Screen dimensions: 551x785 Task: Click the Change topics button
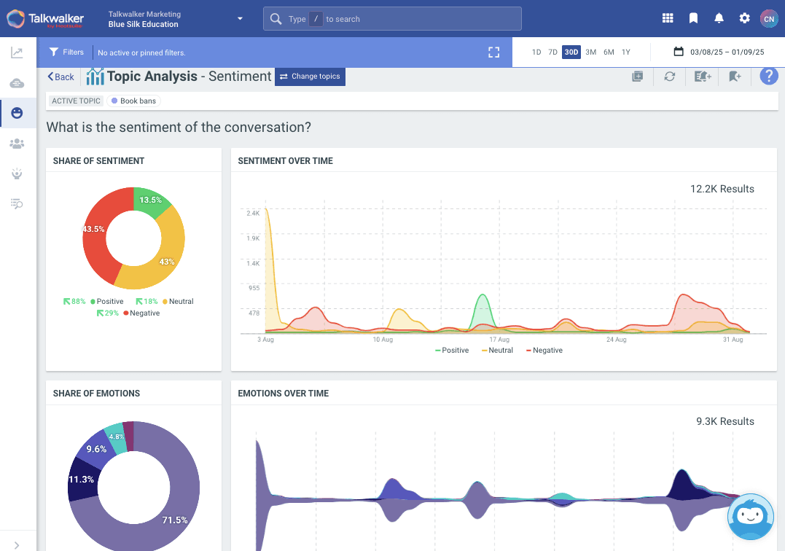pyautogui.click(x=310, y=77)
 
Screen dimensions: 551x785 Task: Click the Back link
pyautogui.click(x=61, y=77)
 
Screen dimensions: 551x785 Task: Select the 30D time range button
pyautogui.click(x=571, y=52)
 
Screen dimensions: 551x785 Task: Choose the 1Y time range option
pyautogui.click(x=626, y=52)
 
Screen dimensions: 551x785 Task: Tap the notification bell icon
pyautogui.click(x=719, y=18)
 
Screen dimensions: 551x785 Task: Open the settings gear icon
pyautogui.click(x=744, y=18)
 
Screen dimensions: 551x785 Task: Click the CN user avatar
pyautogui.click(x=768, y=18)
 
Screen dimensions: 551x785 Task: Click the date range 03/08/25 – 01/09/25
pyautogui.click(x=719, y=52)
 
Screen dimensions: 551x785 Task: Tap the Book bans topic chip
pyautogui.click(x=134, y=101)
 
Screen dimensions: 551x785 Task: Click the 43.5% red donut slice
pyautogui.click(x=98, y=233)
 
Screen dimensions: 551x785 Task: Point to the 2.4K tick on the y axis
pyautogui.click(x=253, y=214)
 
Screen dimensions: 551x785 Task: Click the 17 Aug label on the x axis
pyautogui.click(x=499, y=340)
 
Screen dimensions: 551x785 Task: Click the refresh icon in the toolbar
pyautogui.click(x=669, y=77)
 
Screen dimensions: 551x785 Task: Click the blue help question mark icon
pyautogui.click(x=769, y=77)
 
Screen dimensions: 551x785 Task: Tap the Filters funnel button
pyautogui.click(x=66, y=52)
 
